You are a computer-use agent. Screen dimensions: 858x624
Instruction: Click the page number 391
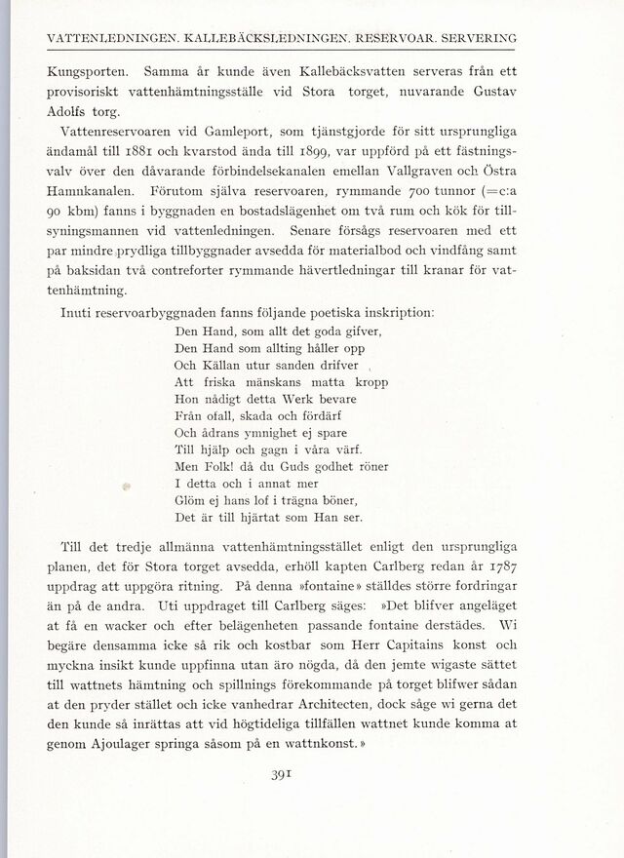pyautogui.click(x=313, y=775)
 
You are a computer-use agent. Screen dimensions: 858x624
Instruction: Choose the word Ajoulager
pyautogui.click(x=135, y=754)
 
